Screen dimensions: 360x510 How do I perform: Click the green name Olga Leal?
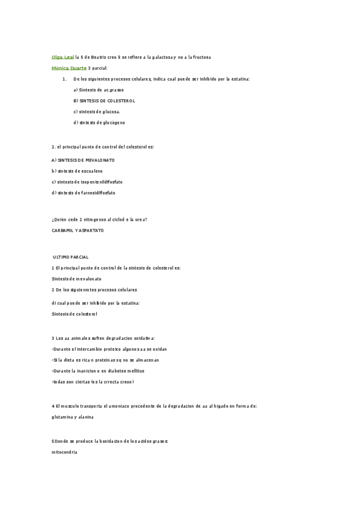(63, 57)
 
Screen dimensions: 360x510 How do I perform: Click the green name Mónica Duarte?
(69, 68)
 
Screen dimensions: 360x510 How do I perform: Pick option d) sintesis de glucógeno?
(99, 122)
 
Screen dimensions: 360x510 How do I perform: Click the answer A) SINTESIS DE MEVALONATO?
(83, 160)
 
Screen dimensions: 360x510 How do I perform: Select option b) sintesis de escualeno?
(77, 171)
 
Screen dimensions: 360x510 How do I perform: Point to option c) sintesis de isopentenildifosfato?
(87, 182)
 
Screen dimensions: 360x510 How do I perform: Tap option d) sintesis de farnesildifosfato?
(84, 192)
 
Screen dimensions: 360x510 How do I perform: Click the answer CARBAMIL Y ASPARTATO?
(78, 230)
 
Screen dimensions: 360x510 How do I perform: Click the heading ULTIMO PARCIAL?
(71, 257)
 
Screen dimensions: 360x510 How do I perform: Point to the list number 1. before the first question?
(64, 79)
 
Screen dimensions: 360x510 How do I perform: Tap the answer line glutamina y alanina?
(76, 417)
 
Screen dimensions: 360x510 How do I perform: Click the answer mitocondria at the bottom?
(65, 452)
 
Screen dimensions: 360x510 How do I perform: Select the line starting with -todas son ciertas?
(93, 381)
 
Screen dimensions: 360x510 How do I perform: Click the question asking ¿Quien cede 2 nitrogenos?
(99, 220)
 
